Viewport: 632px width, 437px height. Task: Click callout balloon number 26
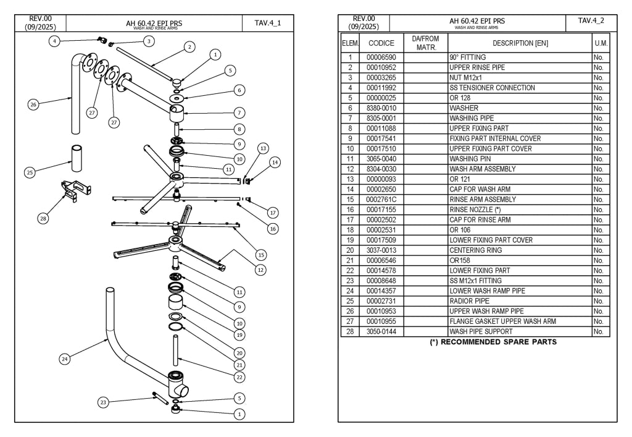click(x=33, y=104)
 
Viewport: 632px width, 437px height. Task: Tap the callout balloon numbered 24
click(x=65, y=359)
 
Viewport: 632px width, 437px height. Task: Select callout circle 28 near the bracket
click(x=43, y=218)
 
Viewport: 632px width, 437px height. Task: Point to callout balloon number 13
click(x=263, y=148)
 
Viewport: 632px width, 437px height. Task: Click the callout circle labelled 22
click(x=239, y=377)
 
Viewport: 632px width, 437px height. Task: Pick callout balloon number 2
click(x=190, y=47)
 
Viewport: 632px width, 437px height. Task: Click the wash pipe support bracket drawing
click(x=76, y=190)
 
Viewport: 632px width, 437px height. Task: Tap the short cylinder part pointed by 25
click(x=77, y=158)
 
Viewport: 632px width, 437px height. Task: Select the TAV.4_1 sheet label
click(x=268, y=23)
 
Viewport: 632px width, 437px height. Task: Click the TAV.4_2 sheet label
click(x=591, y=20)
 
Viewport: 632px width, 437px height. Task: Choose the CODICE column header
click(x=381, y=43)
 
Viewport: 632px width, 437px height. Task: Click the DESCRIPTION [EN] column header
click(x=520, y=43)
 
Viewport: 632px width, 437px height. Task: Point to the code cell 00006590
click(x=381, y=57)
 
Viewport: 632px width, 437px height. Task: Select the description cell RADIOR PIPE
click(x=469, y=301)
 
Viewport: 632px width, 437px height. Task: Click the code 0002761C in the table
click(x=381, y=199)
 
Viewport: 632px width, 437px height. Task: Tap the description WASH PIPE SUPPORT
click(x=481, y=332)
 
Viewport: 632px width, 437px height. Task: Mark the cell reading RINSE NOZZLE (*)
click(x=475, y=210)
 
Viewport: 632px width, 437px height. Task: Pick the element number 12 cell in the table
click(x=350, y=169)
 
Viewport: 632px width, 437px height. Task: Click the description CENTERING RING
click(x=476, y=250)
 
